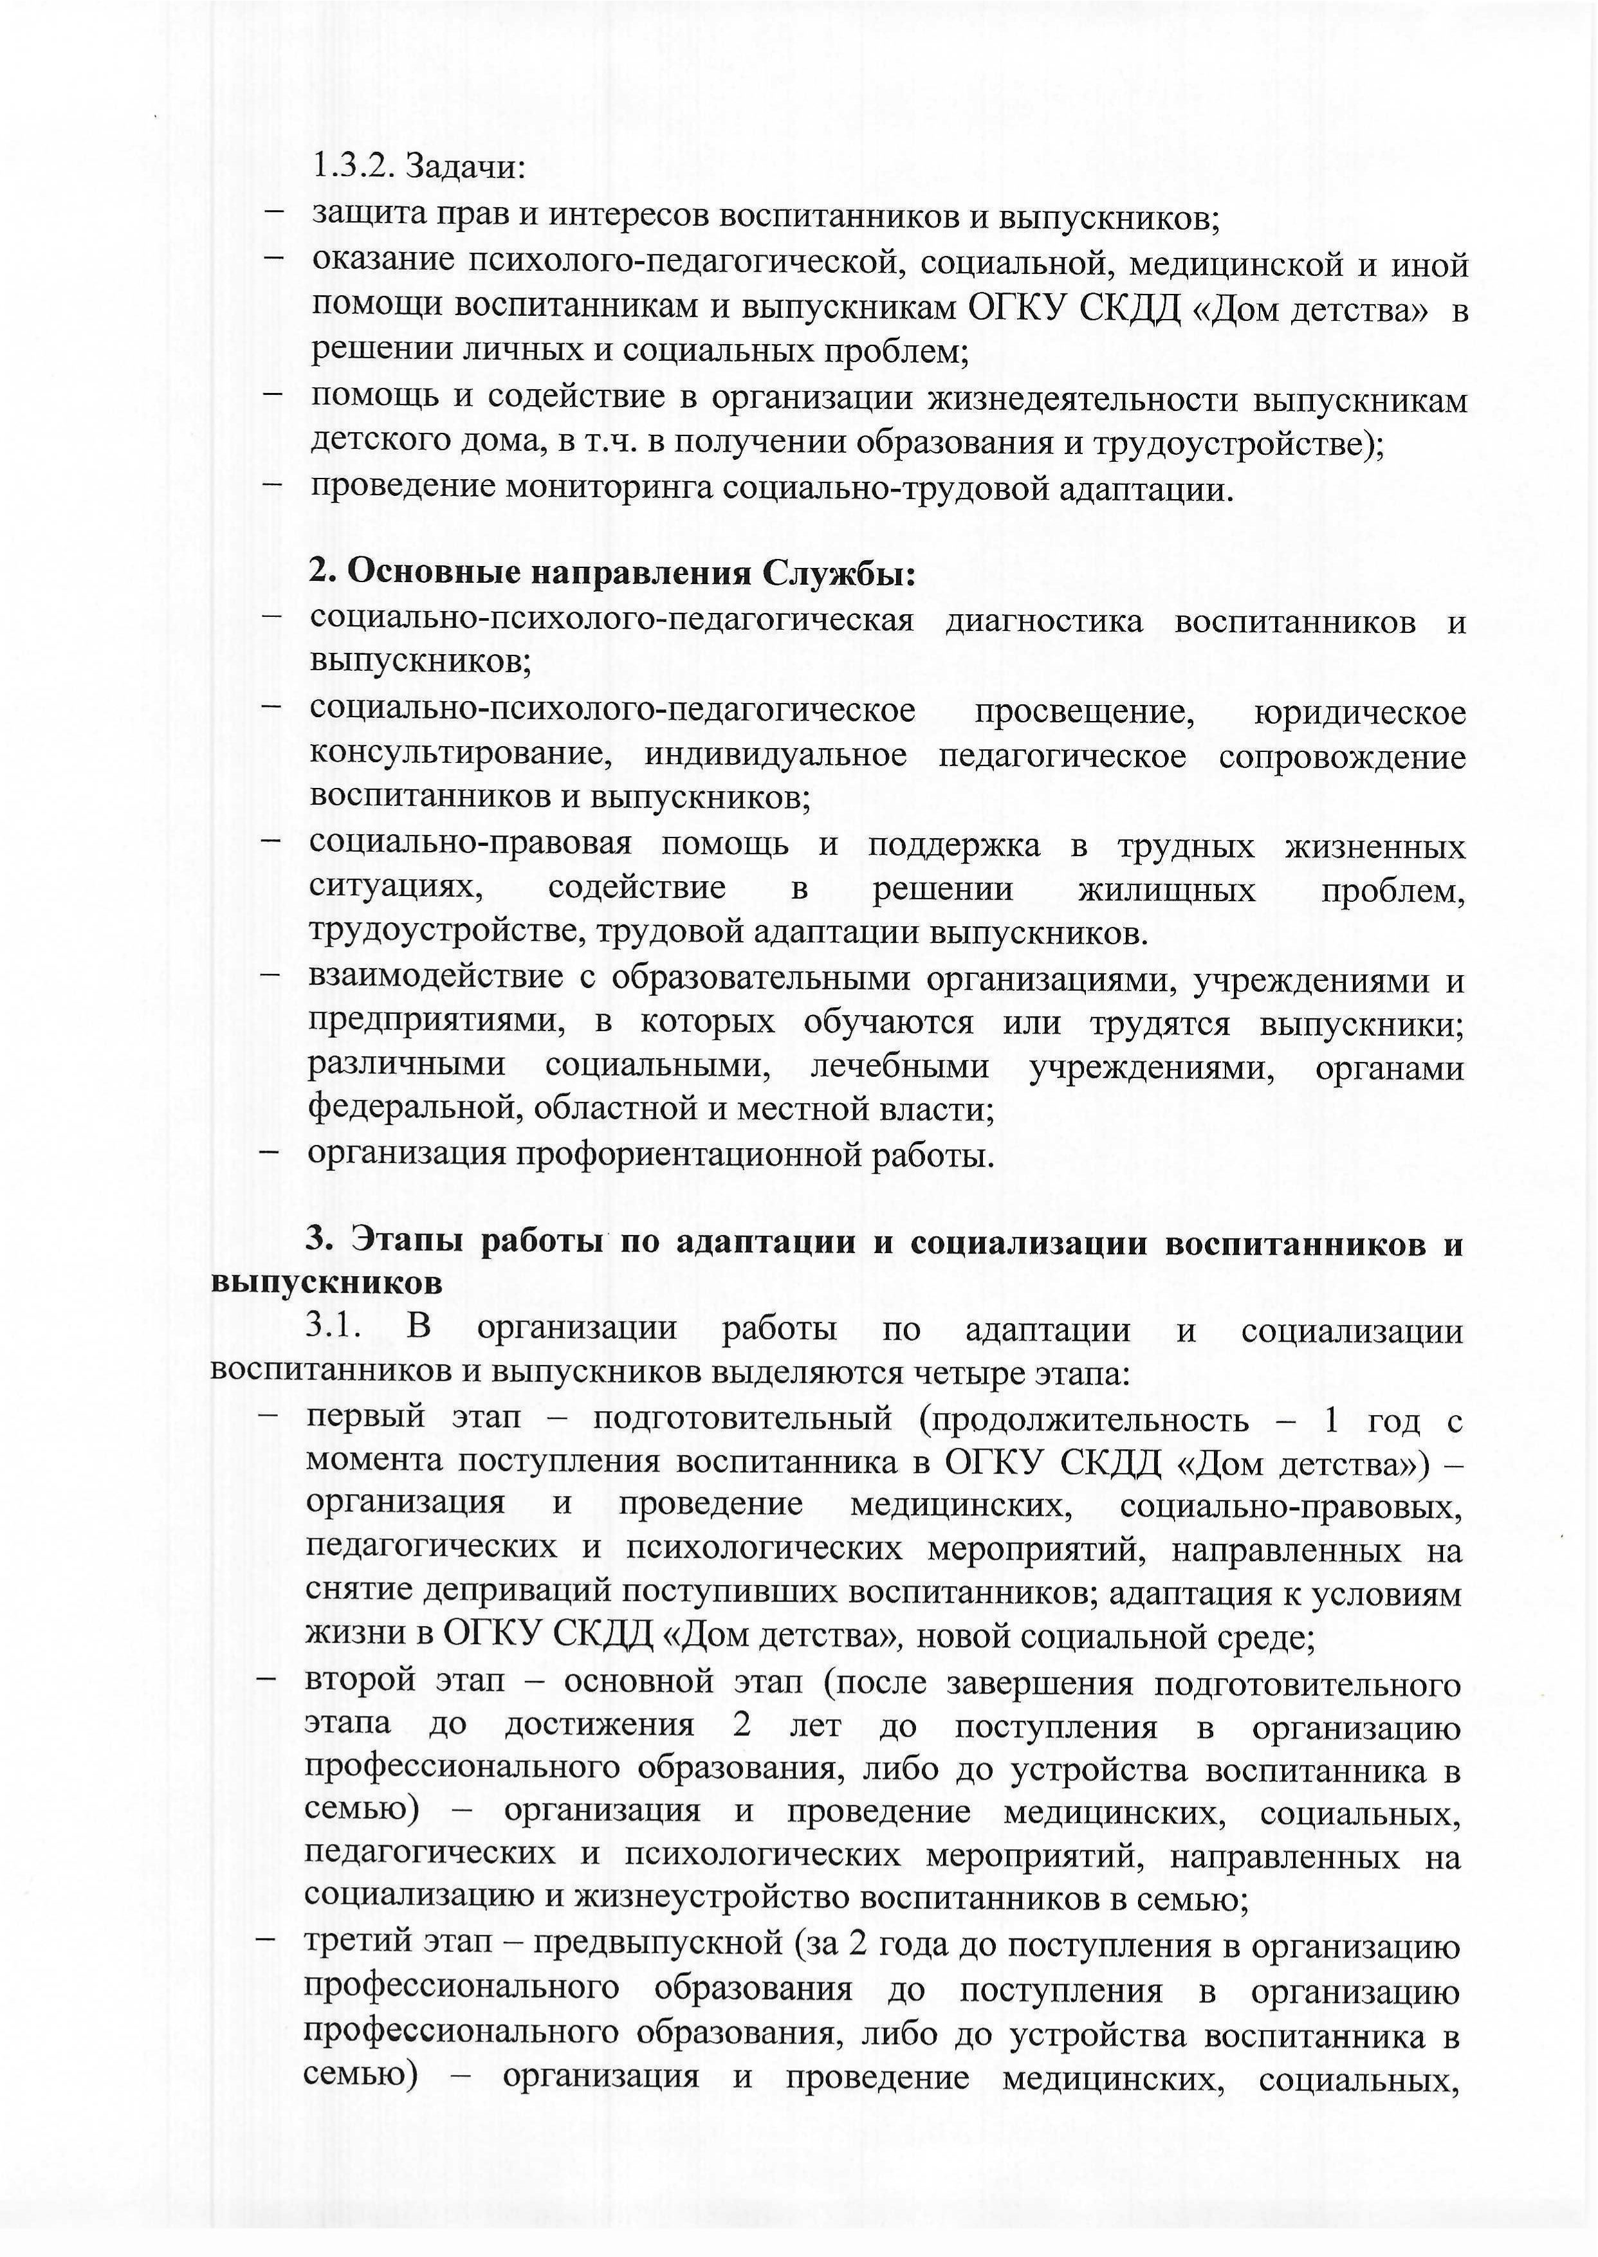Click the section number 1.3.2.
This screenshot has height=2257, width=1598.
click(353, 167)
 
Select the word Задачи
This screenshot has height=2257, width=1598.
click(465, 167)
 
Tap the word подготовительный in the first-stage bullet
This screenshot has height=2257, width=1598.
click(743, 1419)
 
